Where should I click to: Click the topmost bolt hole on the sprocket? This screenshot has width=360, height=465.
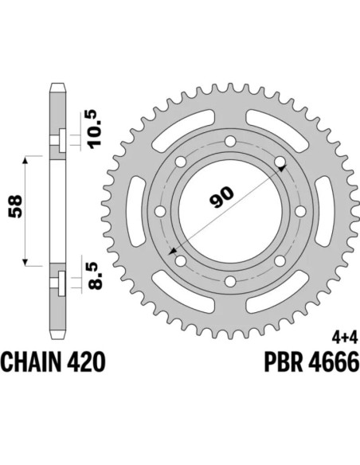[x=229, y=143]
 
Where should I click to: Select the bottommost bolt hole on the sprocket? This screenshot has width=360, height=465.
[x=229, y=281]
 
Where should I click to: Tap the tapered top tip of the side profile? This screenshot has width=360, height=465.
[x=56, y=85]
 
